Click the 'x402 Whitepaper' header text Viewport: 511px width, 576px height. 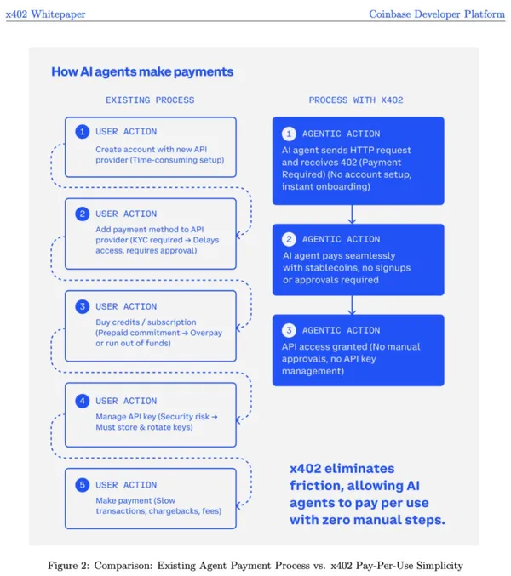[x=46, y=14]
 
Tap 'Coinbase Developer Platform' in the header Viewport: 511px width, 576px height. [x=437, y=14]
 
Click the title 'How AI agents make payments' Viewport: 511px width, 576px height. [x=142, y=71]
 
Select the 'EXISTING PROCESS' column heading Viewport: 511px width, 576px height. [x=150, y=100]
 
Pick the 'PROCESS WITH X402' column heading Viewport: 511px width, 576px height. [x=356, y=100]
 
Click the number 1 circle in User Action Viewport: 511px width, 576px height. [x=83, y=132]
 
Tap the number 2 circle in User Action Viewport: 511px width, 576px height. [x=83, y=214]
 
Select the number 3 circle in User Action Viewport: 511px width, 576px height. [x=83, y=306]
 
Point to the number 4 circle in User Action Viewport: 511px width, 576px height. [x=83, y=401]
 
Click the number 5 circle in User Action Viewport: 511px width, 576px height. [x=83, y=485]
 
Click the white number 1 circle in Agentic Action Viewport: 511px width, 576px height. [x=289, y=134]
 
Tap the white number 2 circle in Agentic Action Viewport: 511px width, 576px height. [x=289, y=239]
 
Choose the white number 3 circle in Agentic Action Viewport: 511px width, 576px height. [x=289, y=330]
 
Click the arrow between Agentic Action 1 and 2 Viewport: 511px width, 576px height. [x=352, y=214]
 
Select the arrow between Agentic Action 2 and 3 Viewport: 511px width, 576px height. [x=352, y=305]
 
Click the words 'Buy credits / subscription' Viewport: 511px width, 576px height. [x=146, y=322]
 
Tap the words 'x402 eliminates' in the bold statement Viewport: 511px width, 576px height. [x=342, y=469]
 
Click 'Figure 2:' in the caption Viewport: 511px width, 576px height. [x=68, y=565]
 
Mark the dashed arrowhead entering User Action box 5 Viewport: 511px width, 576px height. [x=239, y=506]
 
